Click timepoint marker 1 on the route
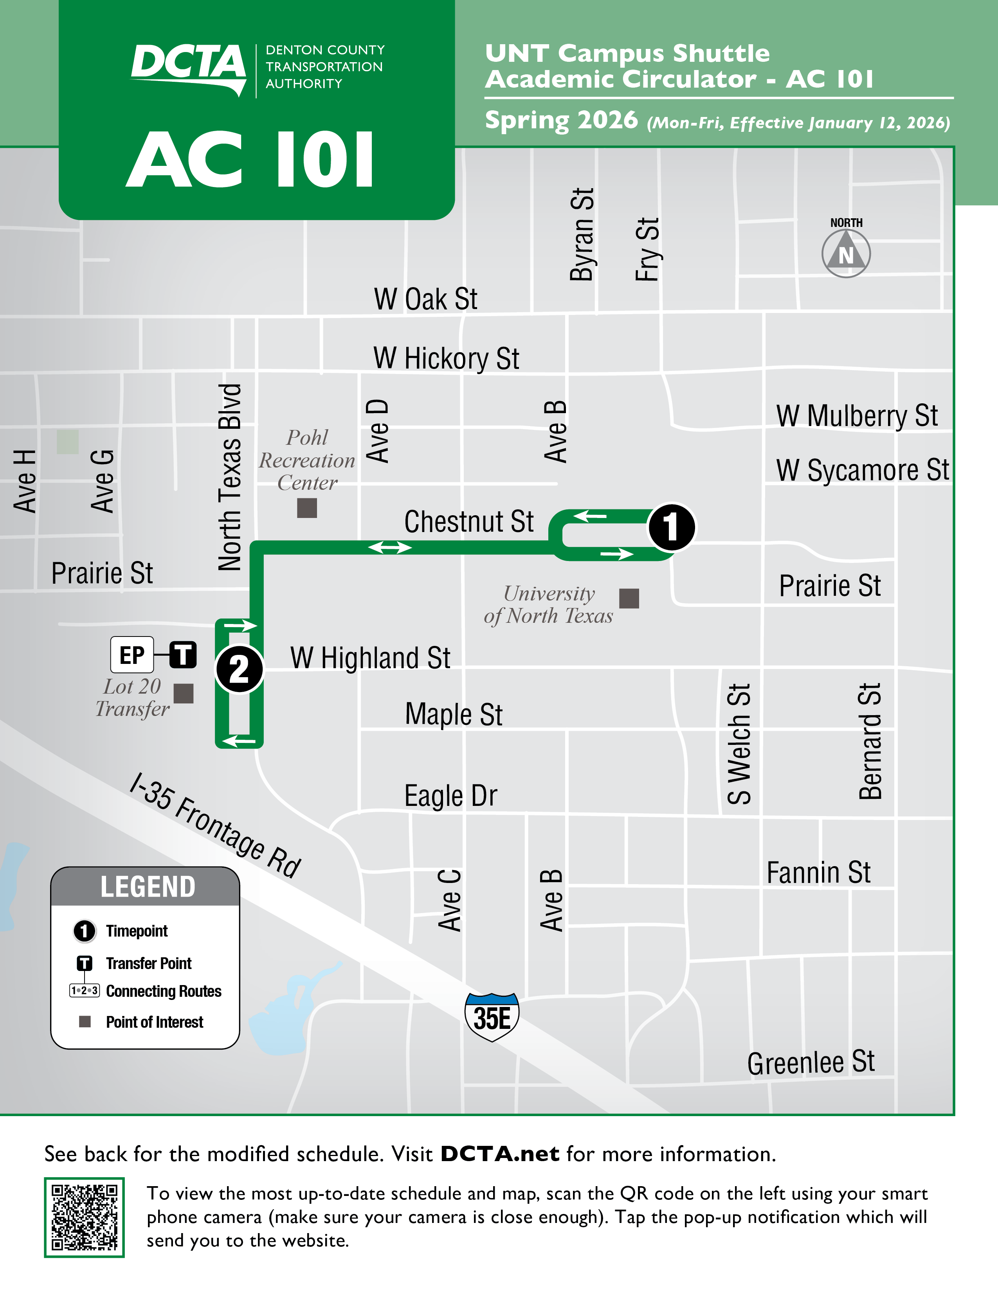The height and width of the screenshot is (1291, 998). point(671,527)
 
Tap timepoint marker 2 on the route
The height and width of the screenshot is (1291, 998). point(239,669)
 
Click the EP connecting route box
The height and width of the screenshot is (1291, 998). point(132,655)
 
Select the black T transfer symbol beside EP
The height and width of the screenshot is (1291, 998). point(183,655)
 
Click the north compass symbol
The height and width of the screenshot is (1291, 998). point(846,254)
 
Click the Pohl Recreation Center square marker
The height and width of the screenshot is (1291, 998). point(307,508)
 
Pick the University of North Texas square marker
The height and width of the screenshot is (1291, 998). point(629,598)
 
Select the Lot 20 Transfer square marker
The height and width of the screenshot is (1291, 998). point(183,693)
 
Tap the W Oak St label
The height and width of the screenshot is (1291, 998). point(426,299)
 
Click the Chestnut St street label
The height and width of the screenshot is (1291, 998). point(469,522)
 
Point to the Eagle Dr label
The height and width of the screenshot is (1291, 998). point(450,796)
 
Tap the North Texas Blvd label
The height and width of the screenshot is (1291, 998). point(230,477)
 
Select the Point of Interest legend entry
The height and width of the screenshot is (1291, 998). point(154,1022)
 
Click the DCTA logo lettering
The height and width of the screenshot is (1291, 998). point(188,64)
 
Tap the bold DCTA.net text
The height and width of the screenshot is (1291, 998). point(500,1154)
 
